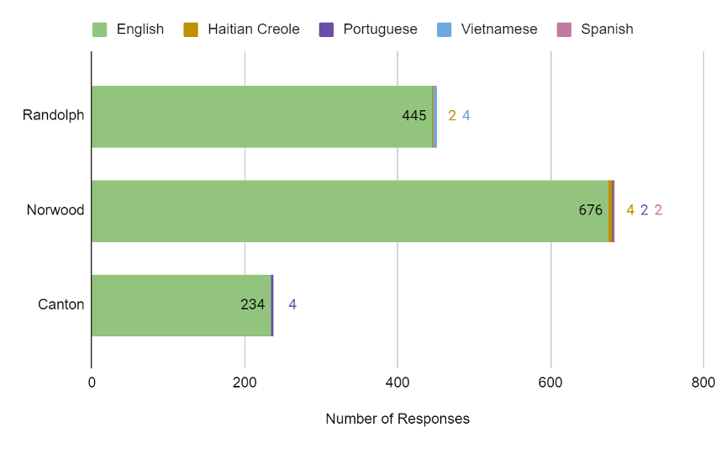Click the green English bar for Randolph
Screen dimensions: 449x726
coord(252,116)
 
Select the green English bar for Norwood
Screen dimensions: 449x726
coord(336,210)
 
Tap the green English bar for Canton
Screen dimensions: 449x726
coord(168,304)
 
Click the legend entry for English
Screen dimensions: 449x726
coord(129,29)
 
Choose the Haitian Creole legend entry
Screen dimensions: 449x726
coord(242,29)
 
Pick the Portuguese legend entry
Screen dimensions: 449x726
coord(368,29)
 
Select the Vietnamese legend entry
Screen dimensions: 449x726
coord(487,29)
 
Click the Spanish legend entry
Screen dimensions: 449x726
coord(595,29)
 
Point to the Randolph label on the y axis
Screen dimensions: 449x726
coord(54,115)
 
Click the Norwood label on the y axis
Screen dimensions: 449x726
coord(55,210)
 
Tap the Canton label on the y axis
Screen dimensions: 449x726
coord(61,304)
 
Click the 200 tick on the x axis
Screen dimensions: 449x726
coord(245,383)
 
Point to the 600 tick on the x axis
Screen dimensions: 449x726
coord(550,383)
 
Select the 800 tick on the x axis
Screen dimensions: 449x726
coord(703,383)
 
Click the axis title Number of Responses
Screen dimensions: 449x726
coord(397,419)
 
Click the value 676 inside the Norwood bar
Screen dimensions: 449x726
coord(591,210)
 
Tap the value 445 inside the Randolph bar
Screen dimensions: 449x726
coord(414,116)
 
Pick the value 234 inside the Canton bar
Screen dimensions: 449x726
coord(253,304)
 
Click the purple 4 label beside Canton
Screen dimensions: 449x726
coord(292,304)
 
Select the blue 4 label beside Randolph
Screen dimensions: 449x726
coord(466,116)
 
